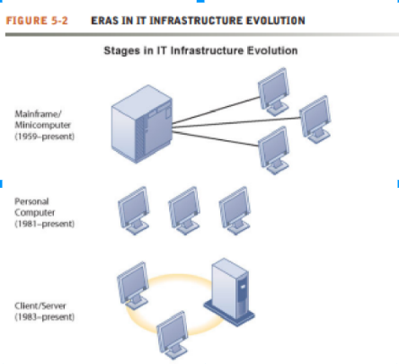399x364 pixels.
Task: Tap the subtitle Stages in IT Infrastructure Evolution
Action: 202,50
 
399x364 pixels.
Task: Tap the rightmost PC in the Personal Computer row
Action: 234,206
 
